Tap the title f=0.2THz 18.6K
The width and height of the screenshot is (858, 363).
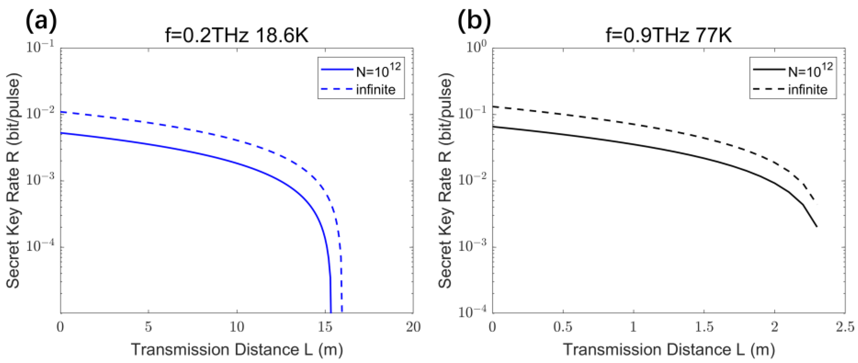tap(237, 36)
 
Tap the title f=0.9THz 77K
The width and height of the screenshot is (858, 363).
tap(669, 36)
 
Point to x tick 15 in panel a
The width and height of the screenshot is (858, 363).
tap(325, 327)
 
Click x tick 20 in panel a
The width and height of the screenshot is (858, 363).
tap(413, 327)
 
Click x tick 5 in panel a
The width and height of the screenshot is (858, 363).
tap(148, 327)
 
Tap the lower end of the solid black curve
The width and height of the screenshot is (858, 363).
tap(816, 226)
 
